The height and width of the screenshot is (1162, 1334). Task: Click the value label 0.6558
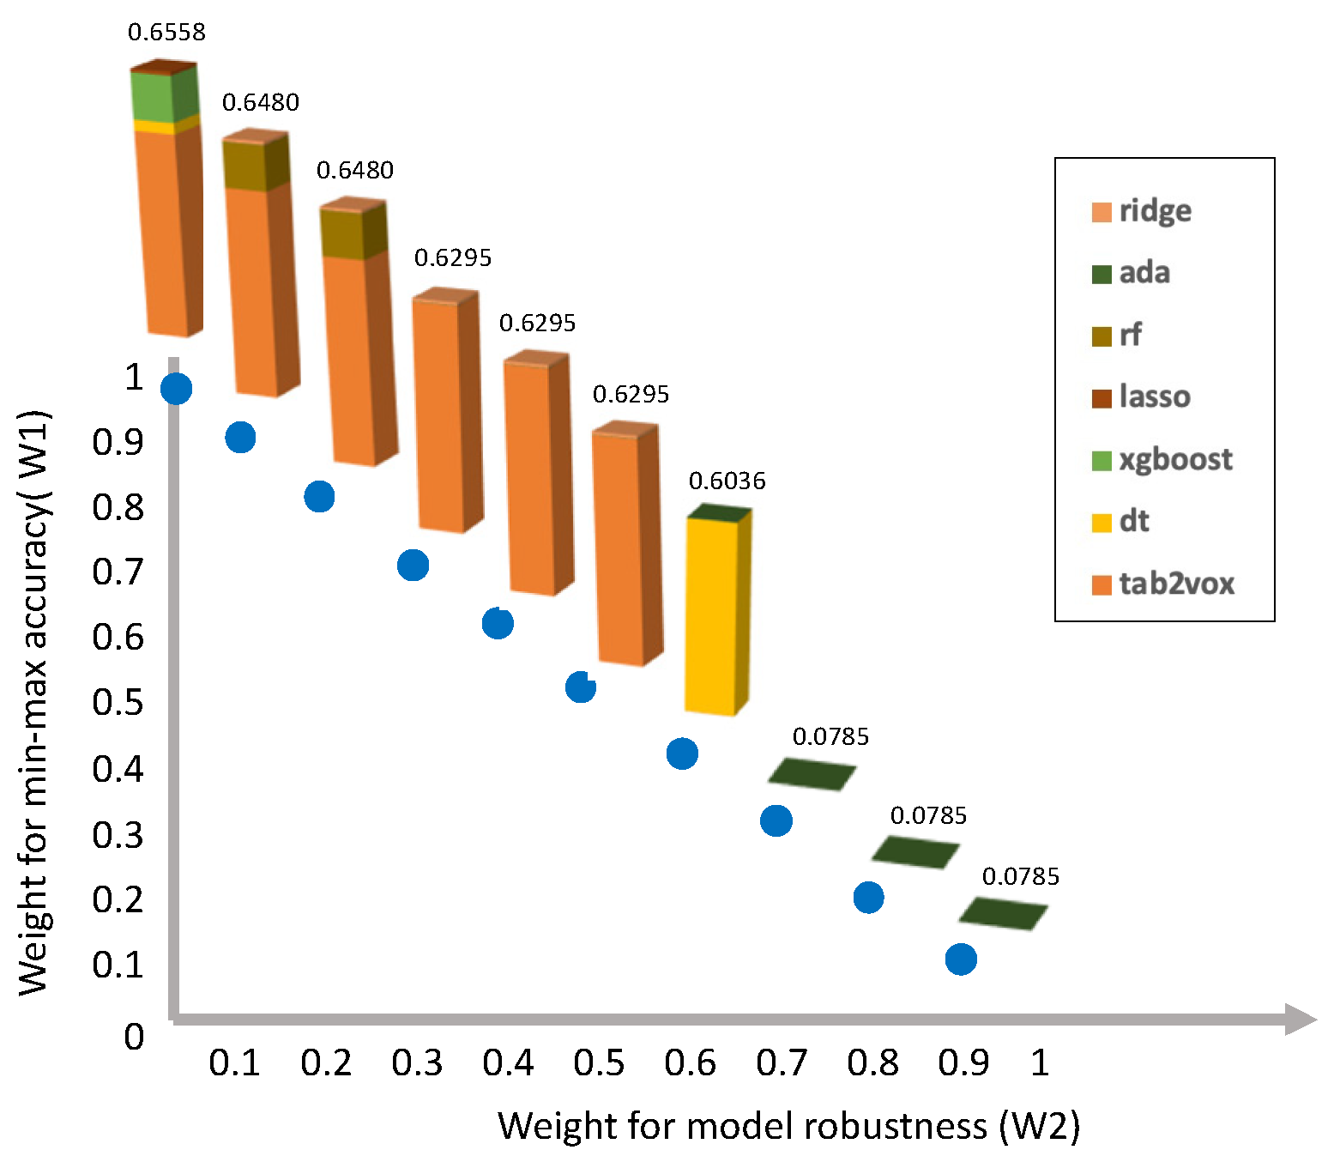[166, 33]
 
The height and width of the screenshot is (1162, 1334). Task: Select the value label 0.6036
[727, 481]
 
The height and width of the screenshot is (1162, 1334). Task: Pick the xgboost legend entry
[1162, 460]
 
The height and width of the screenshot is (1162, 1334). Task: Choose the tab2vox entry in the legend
[1162, 584]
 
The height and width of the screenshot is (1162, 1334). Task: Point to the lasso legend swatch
[1102, 397]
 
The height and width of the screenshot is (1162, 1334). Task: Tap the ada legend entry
[1132, 273]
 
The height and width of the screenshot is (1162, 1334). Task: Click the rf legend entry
[1118, 336]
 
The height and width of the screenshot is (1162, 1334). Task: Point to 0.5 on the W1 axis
[118, 702]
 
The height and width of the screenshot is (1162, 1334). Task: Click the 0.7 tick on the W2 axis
[782, 1063]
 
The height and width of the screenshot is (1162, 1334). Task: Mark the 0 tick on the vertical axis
[134, 1037]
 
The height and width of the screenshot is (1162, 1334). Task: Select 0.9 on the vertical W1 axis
[118, 443]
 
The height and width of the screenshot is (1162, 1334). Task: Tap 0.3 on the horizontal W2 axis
[417, 1063]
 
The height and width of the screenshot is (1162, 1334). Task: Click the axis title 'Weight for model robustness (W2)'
[788, 1126]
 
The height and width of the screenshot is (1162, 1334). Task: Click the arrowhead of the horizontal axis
[1301, 1020]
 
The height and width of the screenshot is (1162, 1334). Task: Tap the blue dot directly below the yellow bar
[682, 753]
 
